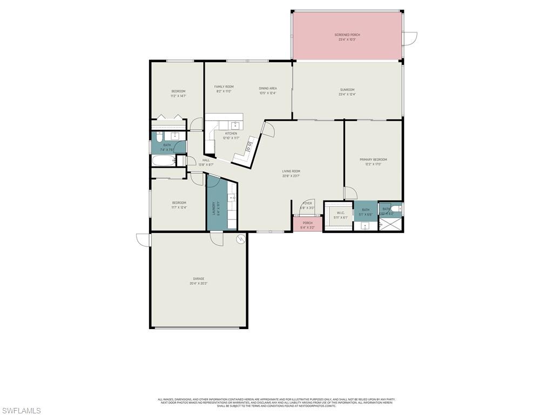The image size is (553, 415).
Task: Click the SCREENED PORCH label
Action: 347,35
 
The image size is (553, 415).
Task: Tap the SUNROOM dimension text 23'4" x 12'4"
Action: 347,95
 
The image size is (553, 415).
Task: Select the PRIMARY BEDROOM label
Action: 373,159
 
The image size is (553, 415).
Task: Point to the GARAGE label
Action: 199,279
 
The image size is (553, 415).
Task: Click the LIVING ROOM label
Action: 291,171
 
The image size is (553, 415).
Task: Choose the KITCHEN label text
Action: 231,133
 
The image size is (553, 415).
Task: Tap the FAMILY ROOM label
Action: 224,86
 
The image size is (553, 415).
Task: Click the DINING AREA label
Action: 268,88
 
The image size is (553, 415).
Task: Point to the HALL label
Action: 206,160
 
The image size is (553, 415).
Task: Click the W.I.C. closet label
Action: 341,213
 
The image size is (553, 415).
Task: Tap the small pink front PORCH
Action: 307,225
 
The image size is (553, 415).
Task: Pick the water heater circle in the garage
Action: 240,238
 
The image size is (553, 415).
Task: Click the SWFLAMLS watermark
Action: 21,411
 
